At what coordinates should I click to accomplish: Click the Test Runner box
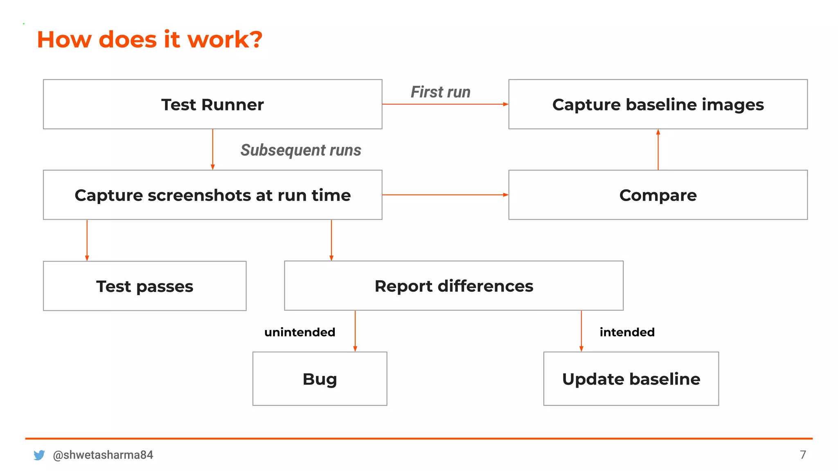pyautogui.click(x=212, y=104)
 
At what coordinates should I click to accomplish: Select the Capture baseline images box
pyautogui.click(x=658, y=104)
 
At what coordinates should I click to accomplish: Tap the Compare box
pyautogui.click(x=658, y=195)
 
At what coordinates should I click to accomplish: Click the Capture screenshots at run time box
pyautogui.click(x=212, y=195)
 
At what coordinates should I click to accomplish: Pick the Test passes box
pyautogui.click(x=144, y=286)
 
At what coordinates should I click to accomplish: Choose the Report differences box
pyautogui.click(x=453, y=286)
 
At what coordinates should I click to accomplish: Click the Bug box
pyautogui.click(x=320, y=379)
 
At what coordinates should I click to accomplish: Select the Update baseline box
pyautogui.click(x=631, y=379)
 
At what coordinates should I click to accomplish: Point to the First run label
pyautogui.click(x=440, y=92)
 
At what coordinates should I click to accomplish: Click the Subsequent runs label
pyautogui.click(x=301, y=150)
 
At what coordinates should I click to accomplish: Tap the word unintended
pyautogui.click(x=300, y=332)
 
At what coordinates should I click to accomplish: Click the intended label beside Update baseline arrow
pyautogui.click(x=627, y=332)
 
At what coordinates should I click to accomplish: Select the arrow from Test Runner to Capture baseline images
pyautogui.click(x=445, y=104)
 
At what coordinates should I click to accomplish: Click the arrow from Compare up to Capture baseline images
pyautogui.click(x=658, y=150)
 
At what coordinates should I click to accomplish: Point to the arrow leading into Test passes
pyautogui.click(x=87, y=240)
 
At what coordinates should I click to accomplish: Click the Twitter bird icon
pyautogui.click(x=39, y=455)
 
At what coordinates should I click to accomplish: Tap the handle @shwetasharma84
pyautogui.click(x=103, y=455)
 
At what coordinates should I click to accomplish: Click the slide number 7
pyautogui.click(x=803, y=455)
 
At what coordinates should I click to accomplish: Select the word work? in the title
pyautogui.click(x=225, y=40)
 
